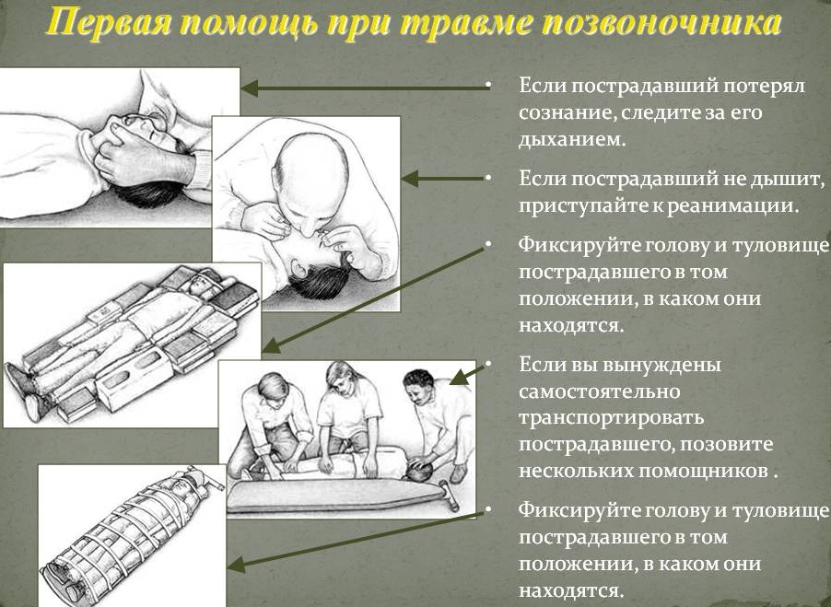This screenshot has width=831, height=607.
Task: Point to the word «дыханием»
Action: click(572, 140)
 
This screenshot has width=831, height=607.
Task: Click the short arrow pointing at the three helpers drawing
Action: click(468, 372)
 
